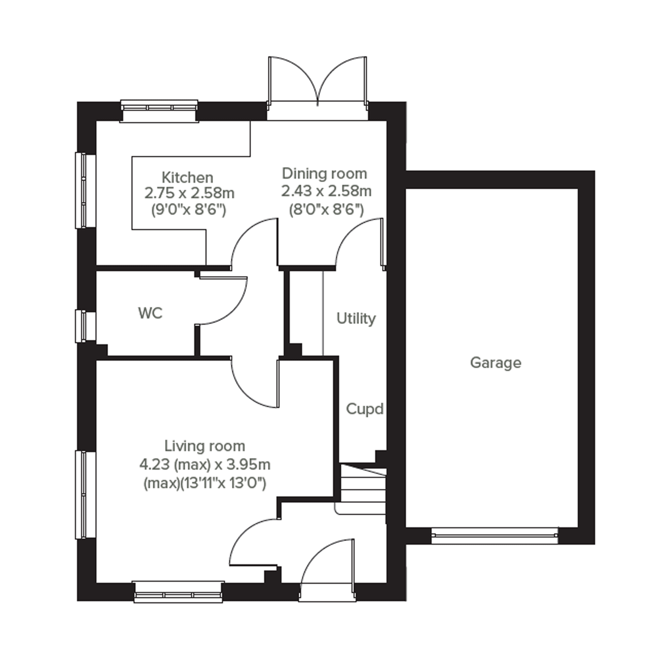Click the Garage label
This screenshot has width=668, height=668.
click(x=495, y=364)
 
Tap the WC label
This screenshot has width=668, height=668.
click(x=150, y=313)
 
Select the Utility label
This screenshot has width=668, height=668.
click(x=356, y=319)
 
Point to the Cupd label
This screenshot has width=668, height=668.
click(x=365, y=409)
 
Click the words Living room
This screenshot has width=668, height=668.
click(x=205, y=446)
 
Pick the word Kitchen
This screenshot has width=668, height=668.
click(x=187, y=178)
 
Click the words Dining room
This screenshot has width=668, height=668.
click(x=324, y=174)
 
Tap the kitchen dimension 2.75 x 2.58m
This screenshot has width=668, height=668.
click(x=189, y=193)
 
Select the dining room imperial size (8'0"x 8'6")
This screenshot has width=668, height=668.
click(x=326, y=209)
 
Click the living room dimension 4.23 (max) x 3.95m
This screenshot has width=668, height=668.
click(x=205, y=464)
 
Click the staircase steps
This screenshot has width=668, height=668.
click(x=363, y=489)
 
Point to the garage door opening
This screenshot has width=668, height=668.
click(x=495, y=536)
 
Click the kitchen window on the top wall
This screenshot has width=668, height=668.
click(x=159, y=111)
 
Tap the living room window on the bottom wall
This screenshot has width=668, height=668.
click(x=178, y=592)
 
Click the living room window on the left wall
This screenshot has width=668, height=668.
click(x=85, y=495)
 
